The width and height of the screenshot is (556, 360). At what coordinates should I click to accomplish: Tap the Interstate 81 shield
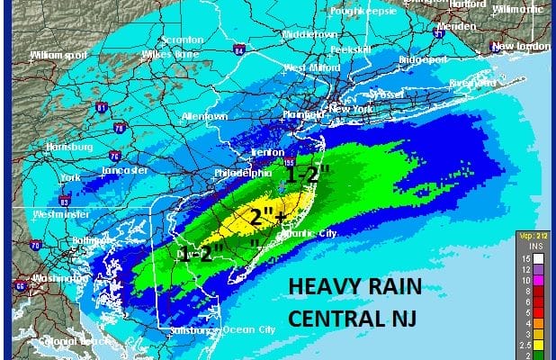click(x=101, y=108)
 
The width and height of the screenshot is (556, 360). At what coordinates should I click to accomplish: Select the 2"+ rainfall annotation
click(x=267, y=217)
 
